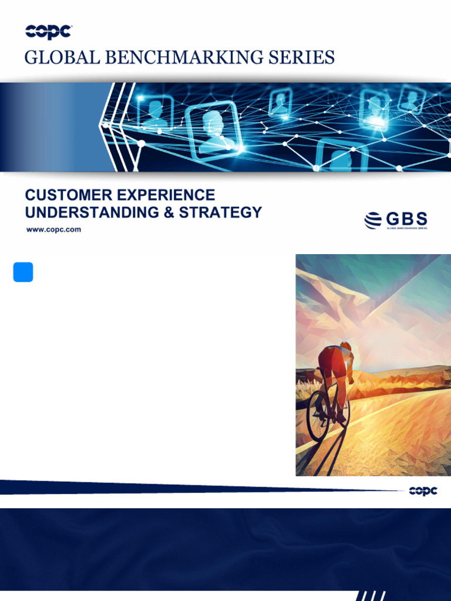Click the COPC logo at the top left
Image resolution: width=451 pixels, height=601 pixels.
[48, 32]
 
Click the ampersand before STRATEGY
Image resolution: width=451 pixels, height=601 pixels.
[169, 212]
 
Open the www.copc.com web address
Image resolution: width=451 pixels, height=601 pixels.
[53, 229]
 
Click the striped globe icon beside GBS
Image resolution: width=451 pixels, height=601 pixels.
[373, 221]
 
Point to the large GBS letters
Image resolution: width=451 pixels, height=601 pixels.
[406, 219]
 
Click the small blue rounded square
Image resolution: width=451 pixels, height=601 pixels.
[23, 272]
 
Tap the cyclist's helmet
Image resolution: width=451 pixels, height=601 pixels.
[345, 346]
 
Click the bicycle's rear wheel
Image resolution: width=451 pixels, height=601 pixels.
[318, 416]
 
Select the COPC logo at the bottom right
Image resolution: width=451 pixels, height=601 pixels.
[423, 491]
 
